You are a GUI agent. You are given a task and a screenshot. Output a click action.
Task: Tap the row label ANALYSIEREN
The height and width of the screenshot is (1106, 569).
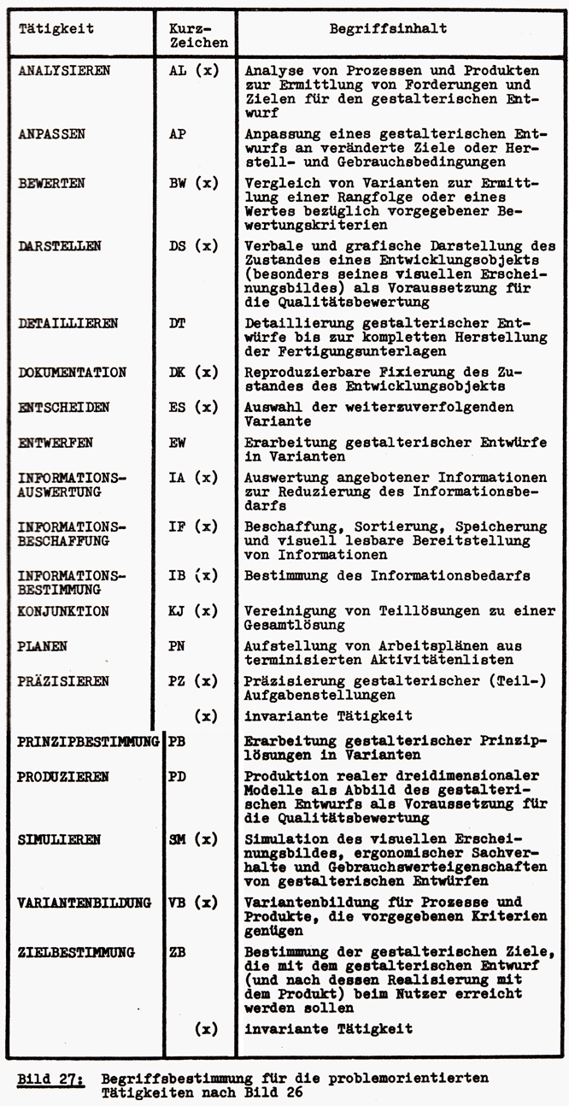tap(64, 70)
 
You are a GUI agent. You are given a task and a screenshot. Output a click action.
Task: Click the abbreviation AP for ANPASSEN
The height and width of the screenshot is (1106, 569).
tap(178, 135)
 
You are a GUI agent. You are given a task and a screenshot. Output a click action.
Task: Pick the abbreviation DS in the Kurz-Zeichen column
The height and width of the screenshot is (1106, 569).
tap(178, 245)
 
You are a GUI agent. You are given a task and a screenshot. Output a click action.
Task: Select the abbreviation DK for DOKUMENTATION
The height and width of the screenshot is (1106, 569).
tap(178, 373)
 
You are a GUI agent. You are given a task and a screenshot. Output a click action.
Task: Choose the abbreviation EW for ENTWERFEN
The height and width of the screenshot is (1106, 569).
tap(178, 443)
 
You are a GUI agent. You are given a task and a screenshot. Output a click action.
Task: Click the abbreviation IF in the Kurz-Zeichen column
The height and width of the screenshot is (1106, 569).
tap(178, 527)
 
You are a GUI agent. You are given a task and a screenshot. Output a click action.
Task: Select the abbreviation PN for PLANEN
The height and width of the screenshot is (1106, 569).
tap(178, 646)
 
